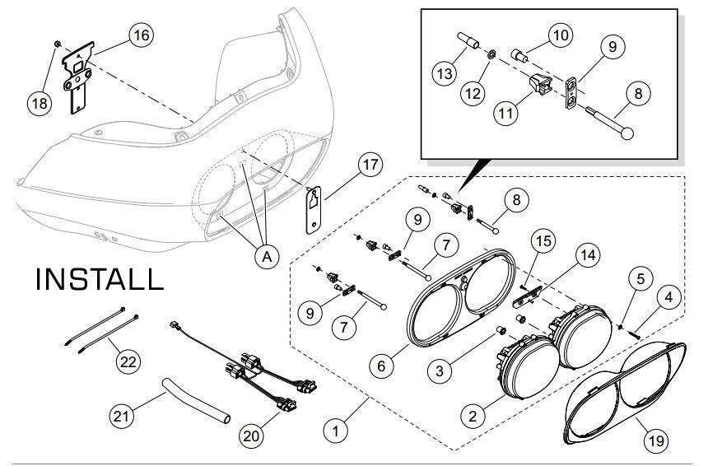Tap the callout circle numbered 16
140,35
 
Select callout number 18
39,103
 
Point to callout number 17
370,165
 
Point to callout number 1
334,428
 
